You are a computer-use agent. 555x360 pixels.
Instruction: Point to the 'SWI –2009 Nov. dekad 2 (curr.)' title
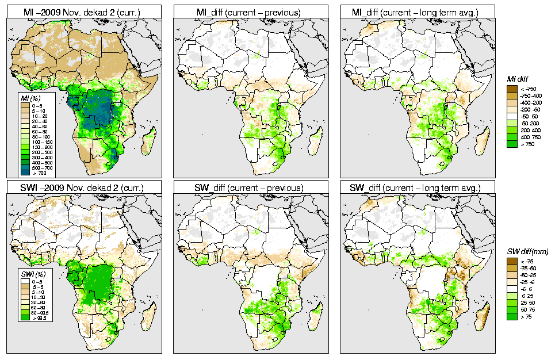tap(84, 188)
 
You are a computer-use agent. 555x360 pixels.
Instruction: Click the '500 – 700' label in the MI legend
tap(42, 167)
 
